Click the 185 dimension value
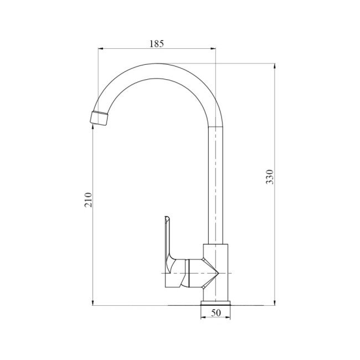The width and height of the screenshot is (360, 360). click(x=157, y=44)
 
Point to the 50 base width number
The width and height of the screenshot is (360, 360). click(x=216, y=313)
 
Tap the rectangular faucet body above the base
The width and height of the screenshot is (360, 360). click(x=215, y=271)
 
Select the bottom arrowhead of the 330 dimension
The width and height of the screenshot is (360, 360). click(x=275, y=302)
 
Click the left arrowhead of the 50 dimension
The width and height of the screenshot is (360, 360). click(x=203, y=317)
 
